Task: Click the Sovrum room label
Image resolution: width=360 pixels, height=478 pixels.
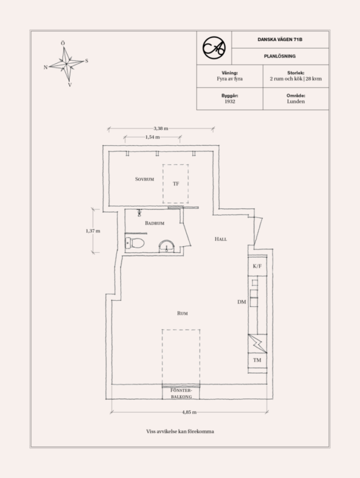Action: pos(145,179)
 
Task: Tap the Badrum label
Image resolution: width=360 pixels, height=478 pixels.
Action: pos(155,223)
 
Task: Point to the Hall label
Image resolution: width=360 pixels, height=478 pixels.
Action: pos(220,239)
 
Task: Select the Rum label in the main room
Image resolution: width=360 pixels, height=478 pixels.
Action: pos(182,313)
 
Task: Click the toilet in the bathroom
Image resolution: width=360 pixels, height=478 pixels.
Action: pos(135,243)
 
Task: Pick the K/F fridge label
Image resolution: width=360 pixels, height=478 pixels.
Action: pos(257,266)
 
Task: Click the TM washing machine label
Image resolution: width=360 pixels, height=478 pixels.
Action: pos(257,360)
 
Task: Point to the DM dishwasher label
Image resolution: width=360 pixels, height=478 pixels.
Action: pos(241,302)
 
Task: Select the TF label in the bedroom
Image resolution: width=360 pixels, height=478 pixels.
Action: pos(175,184)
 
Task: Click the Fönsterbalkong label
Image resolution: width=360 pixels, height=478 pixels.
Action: pos(181,393)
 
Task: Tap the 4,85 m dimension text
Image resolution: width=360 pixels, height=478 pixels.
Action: pos(189,412)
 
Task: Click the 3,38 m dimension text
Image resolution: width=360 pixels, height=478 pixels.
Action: pos(161,128)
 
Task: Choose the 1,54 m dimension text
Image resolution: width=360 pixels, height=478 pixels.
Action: pos(152,137)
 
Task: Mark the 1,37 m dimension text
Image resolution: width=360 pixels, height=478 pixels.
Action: pos(93,231)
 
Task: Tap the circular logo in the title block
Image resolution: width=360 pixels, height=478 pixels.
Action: pos(214,47)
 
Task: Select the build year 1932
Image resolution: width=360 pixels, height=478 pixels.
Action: pos(230,101)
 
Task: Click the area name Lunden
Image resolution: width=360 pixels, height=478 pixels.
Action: pos(296,101)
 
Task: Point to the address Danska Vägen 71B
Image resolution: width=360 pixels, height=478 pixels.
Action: pos(280,39)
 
